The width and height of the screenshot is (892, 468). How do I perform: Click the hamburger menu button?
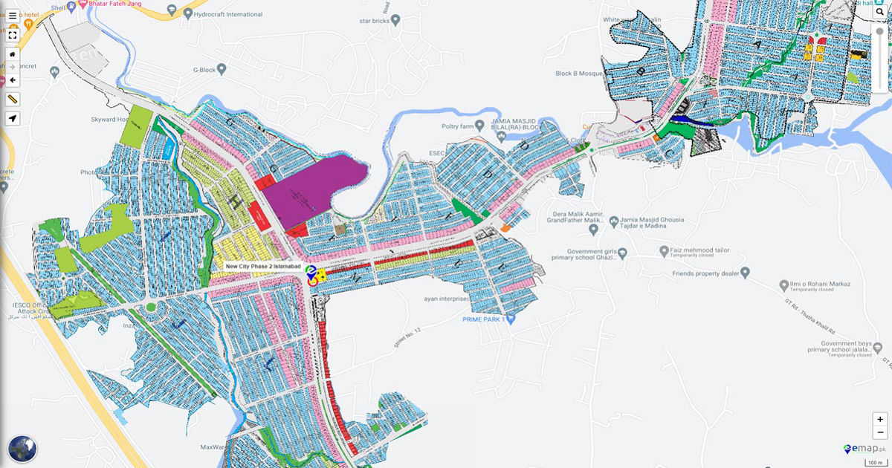coord(13,16)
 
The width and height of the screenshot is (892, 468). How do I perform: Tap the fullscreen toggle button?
coord(13,35)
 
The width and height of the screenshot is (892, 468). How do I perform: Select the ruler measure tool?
coord(13,99)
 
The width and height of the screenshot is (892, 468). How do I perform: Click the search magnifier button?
coord(879,12)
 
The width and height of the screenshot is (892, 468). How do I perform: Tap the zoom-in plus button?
coord(880,419)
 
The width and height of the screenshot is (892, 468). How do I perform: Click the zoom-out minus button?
coord(880,432)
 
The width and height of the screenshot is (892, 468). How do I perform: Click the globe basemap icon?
coord(22,448)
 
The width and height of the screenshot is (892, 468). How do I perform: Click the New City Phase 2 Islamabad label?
coord(262,267)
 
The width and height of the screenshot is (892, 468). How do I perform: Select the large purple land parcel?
coord(308,189)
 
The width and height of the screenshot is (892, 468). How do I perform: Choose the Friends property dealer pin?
coord(746,273)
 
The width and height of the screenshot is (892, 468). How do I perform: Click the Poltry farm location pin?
coord(480,126)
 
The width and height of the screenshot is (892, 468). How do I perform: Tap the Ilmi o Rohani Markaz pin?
coord(783,285)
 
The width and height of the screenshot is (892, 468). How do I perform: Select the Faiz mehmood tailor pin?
coord(662,251)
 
